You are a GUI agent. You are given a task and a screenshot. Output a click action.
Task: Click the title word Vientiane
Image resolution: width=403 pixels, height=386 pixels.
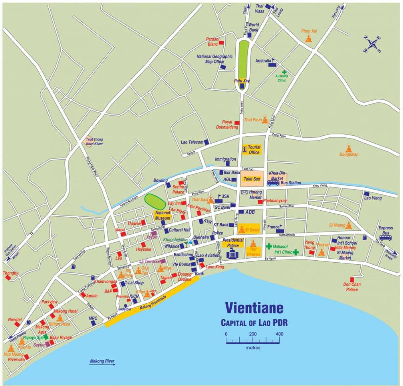point(254,308)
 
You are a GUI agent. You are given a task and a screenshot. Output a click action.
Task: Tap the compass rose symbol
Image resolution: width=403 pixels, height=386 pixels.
point(372,44)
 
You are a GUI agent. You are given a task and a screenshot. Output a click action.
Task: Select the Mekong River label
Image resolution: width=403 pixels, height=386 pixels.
point(102,361)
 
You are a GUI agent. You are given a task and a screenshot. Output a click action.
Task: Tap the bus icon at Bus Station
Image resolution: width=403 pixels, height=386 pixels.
point(273,183)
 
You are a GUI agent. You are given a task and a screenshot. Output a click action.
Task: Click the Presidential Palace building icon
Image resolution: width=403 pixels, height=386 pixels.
point(232,255)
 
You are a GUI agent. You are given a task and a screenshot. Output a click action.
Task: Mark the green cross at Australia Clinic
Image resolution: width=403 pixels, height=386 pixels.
point(284,72)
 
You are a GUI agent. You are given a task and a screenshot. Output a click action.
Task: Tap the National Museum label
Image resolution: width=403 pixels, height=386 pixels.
point(162,215)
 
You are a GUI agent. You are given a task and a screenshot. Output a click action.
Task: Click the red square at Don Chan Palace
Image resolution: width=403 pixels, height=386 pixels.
point(352,280)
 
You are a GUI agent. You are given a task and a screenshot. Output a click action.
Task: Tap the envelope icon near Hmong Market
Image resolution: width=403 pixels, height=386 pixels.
point(244,192)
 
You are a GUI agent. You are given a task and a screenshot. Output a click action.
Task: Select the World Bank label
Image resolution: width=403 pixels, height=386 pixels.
point(254,27)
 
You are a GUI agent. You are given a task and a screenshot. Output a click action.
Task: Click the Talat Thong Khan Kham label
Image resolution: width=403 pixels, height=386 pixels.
point(94,141)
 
